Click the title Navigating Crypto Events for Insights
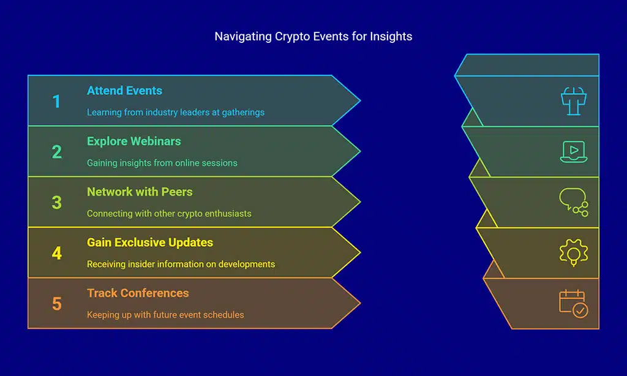(313, 37)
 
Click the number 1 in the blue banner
(56, 101)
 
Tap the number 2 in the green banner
(56, 152)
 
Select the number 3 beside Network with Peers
(56, 203)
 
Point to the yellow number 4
(56, 253)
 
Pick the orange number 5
(56, 304)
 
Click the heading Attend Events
(124, 91)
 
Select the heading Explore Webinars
(133, 141)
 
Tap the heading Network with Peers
(140, 192)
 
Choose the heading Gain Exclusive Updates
(150, 243)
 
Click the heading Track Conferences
(138, 293)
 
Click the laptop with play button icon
(573, 152)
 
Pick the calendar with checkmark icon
(573, 304)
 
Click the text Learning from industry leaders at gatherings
(175, 113)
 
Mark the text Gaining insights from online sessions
(162, 164)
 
